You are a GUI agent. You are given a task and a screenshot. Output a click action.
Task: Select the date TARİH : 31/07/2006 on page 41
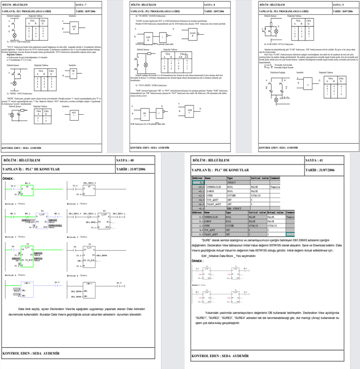(321, 171)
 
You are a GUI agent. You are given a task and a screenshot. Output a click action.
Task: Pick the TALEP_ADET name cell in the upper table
(215, 204)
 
